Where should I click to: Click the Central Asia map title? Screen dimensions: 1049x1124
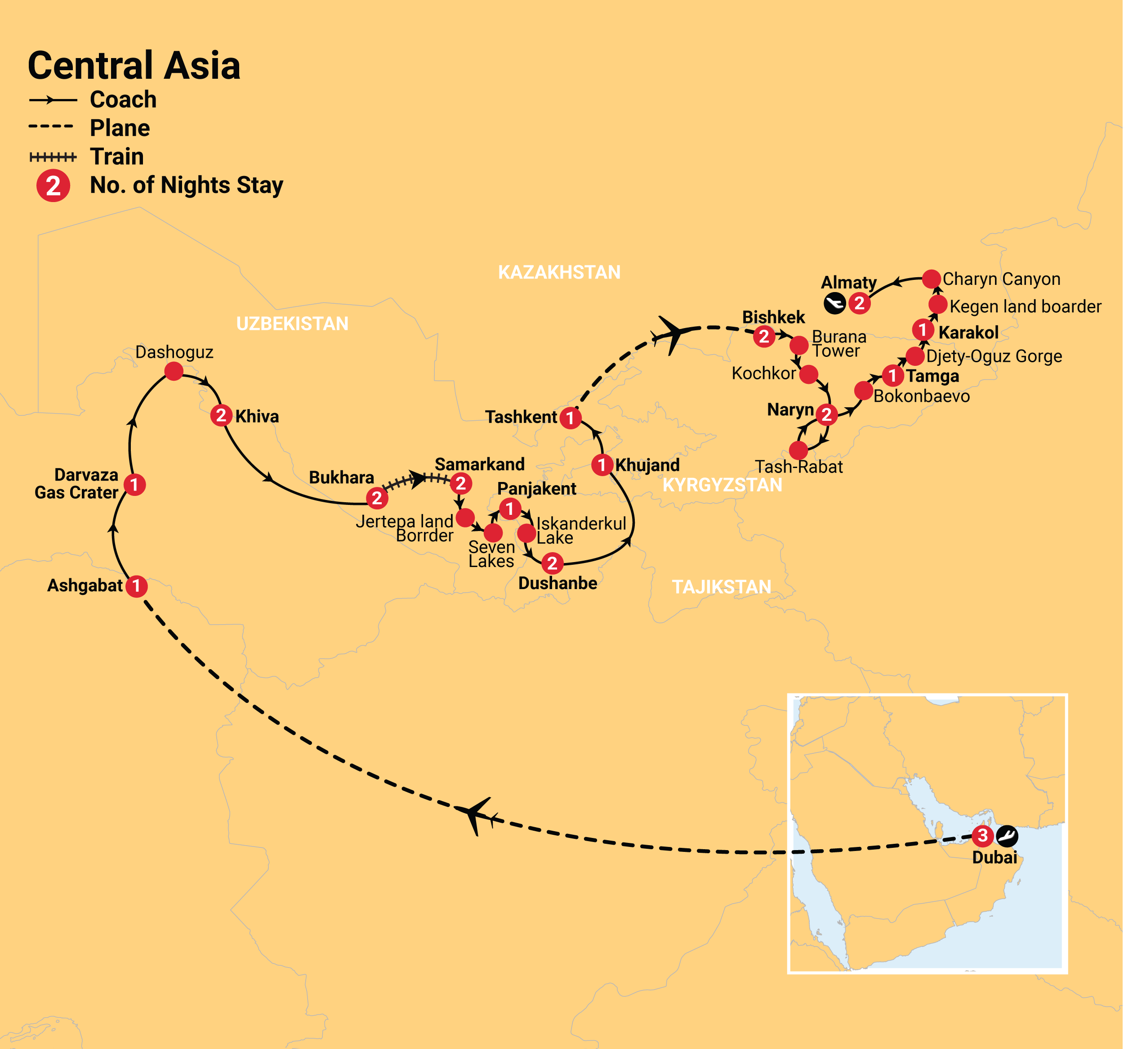(x=134, y=66)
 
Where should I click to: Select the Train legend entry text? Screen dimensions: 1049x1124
(x=117, y=157)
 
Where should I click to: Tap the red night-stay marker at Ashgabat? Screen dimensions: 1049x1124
(x=136, y=586)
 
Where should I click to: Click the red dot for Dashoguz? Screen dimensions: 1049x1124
(x=174, y=371)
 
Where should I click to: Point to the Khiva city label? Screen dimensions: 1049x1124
(x=257, y=416)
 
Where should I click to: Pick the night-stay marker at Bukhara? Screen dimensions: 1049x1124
(x=377, y=498)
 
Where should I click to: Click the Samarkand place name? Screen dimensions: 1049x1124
(x=479, y=464)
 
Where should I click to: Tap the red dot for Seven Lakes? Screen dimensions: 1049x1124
(x=493, y=532)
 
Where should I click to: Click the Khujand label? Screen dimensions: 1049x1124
(x=647, y=465)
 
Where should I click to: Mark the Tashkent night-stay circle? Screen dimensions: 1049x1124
(x=571, y=418)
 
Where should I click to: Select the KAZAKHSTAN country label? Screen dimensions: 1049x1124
(x=559, y=272)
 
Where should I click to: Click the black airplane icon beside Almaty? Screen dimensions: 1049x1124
(x=834, y=303)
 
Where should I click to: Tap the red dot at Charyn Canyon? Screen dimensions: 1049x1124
(x=931, y=279)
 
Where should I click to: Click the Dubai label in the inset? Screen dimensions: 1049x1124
(x=995, y=858)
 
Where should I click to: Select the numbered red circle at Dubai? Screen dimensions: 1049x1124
(x=983, y=835)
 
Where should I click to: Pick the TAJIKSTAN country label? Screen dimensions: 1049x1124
(x=722, y=587)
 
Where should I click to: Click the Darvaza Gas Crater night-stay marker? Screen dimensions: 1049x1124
(x=134, y=485)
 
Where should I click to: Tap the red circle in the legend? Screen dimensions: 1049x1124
(x=53, y=185)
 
